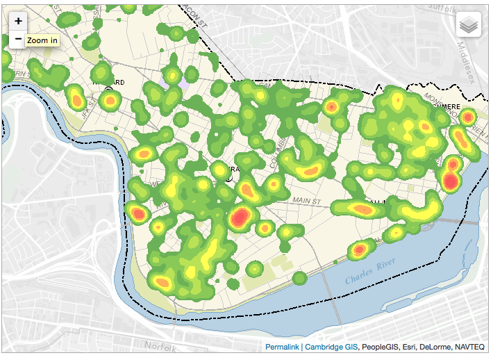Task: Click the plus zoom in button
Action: pyautogui.click(x=18, y=22)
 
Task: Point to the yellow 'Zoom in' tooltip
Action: pyautogui.click(x=42, y=40)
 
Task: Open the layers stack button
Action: pyautogui.click(x=469, y=26)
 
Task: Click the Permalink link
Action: pyautogui.click(x=281, y=346)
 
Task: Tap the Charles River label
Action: pyautogui.click(x=370, y=273)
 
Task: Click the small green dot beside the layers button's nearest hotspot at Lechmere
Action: pyautogui.click(x=467, y=117)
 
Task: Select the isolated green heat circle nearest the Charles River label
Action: pyautogui.click(x=299, y=278)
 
